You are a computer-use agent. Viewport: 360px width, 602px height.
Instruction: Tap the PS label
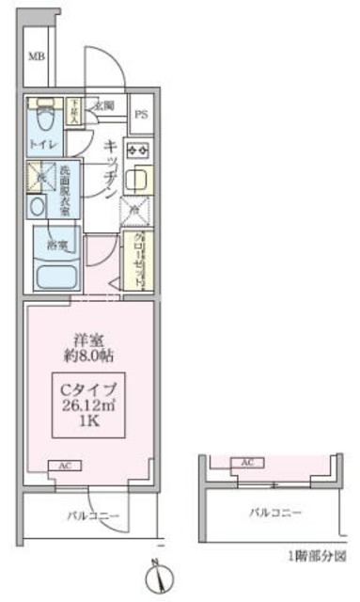pyautogui.click(x=141, y=116)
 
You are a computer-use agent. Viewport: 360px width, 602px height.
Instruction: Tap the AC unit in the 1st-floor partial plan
pyautogui.click(x=247, y=463)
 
